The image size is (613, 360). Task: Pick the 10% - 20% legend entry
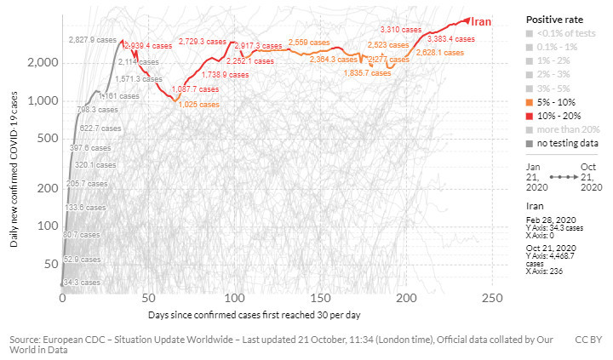pyautogui.click(x=557, y=114)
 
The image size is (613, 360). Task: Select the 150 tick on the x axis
pyautogui.click(x=321, y=299)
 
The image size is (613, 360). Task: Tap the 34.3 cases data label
pyautogui.click(x=82, y=282)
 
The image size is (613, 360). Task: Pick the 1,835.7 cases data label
pyautogui.click(x=367, y=73)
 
